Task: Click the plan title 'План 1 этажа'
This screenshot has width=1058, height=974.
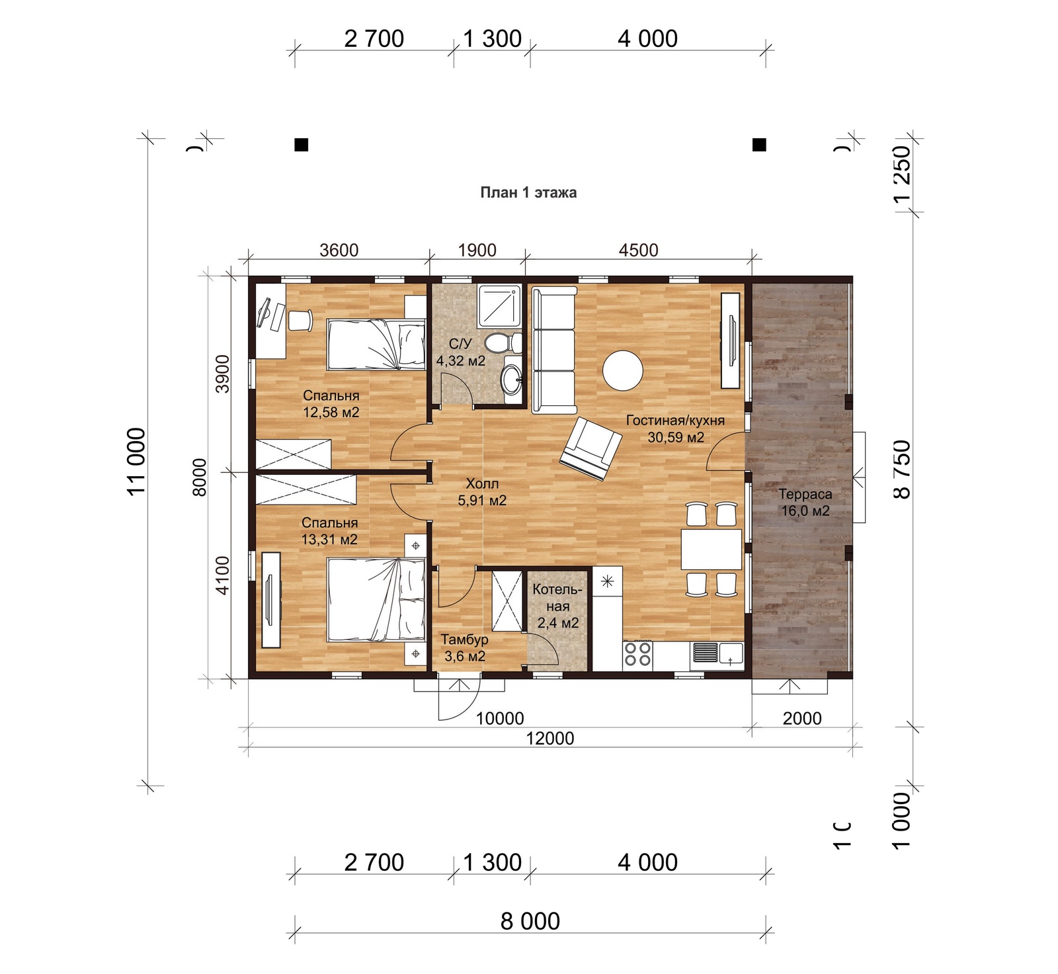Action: tap(528, 192)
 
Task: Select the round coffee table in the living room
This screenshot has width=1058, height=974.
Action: tap(622, 370)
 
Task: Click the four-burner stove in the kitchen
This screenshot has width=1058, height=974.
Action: tap(637, 655)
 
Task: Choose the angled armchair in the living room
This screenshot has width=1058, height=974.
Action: tap(591, 448)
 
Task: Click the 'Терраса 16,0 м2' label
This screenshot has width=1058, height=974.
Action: tap(805, 503)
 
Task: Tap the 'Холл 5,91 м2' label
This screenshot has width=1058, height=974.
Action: tap(482, 492)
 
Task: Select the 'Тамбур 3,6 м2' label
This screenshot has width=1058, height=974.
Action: tap(465, 648)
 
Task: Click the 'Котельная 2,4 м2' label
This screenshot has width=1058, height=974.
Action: tap(558, 606)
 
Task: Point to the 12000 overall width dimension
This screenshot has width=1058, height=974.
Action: tap(550, 738)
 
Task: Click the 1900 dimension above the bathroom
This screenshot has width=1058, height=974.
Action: tap(477, 250)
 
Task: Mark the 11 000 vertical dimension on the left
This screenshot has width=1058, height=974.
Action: tap(136, 462)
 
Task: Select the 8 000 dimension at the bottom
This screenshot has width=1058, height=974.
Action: tap(530, 920)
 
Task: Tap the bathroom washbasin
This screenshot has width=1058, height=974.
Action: tap(512, 379)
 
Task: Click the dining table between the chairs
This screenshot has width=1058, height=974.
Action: tap(712, 549)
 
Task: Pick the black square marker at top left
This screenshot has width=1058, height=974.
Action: tap(301, 144)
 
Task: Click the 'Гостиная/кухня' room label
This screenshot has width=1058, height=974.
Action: tap(675, 421)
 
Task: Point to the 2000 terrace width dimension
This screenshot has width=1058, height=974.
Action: tap(802, 718)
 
